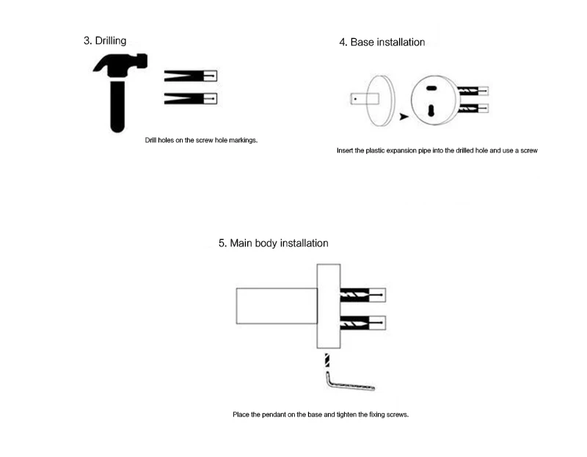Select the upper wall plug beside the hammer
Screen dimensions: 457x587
(x=191, y=76)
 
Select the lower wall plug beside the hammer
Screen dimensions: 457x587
(x=191, y=98)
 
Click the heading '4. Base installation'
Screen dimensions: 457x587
(x=382, y=43)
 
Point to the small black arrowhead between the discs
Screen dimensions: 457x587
(x=404, y=116)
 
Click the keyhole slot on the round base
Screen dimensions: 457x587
(x=432, y=111)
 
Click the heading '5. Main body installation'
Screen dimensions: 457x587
(x=273, y=243)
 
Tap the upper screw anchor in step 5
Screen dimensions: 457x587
(x=362, y=295)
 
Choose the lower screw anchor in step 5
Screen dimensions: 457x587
(x=362, y=321)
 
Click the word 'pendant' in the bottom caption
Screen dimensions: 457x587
(x=277, y=415)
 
